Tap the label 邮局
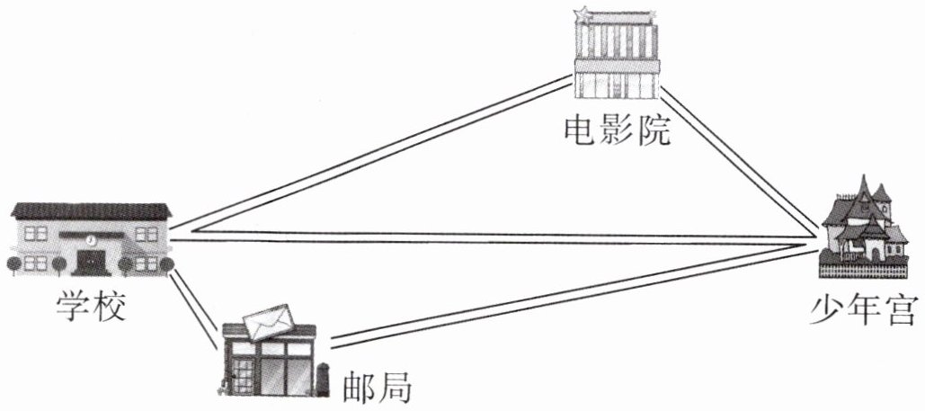pyautogui.click(x=378, y=387)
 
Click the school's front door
pyautogui.click(x=91, y=262)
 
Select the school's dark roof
pyautogui.click(x=91, y=212)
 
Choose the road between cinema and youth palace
pyautogui.click(x=737, y=157)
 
